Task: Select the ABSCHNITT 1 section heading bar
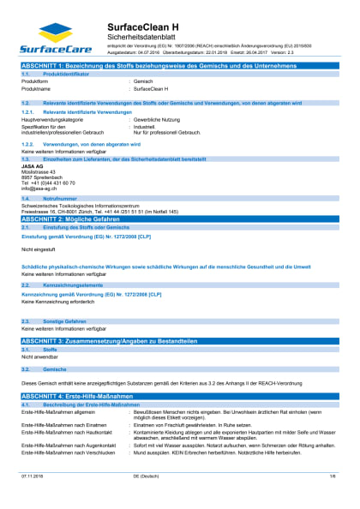pos(180,65)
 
